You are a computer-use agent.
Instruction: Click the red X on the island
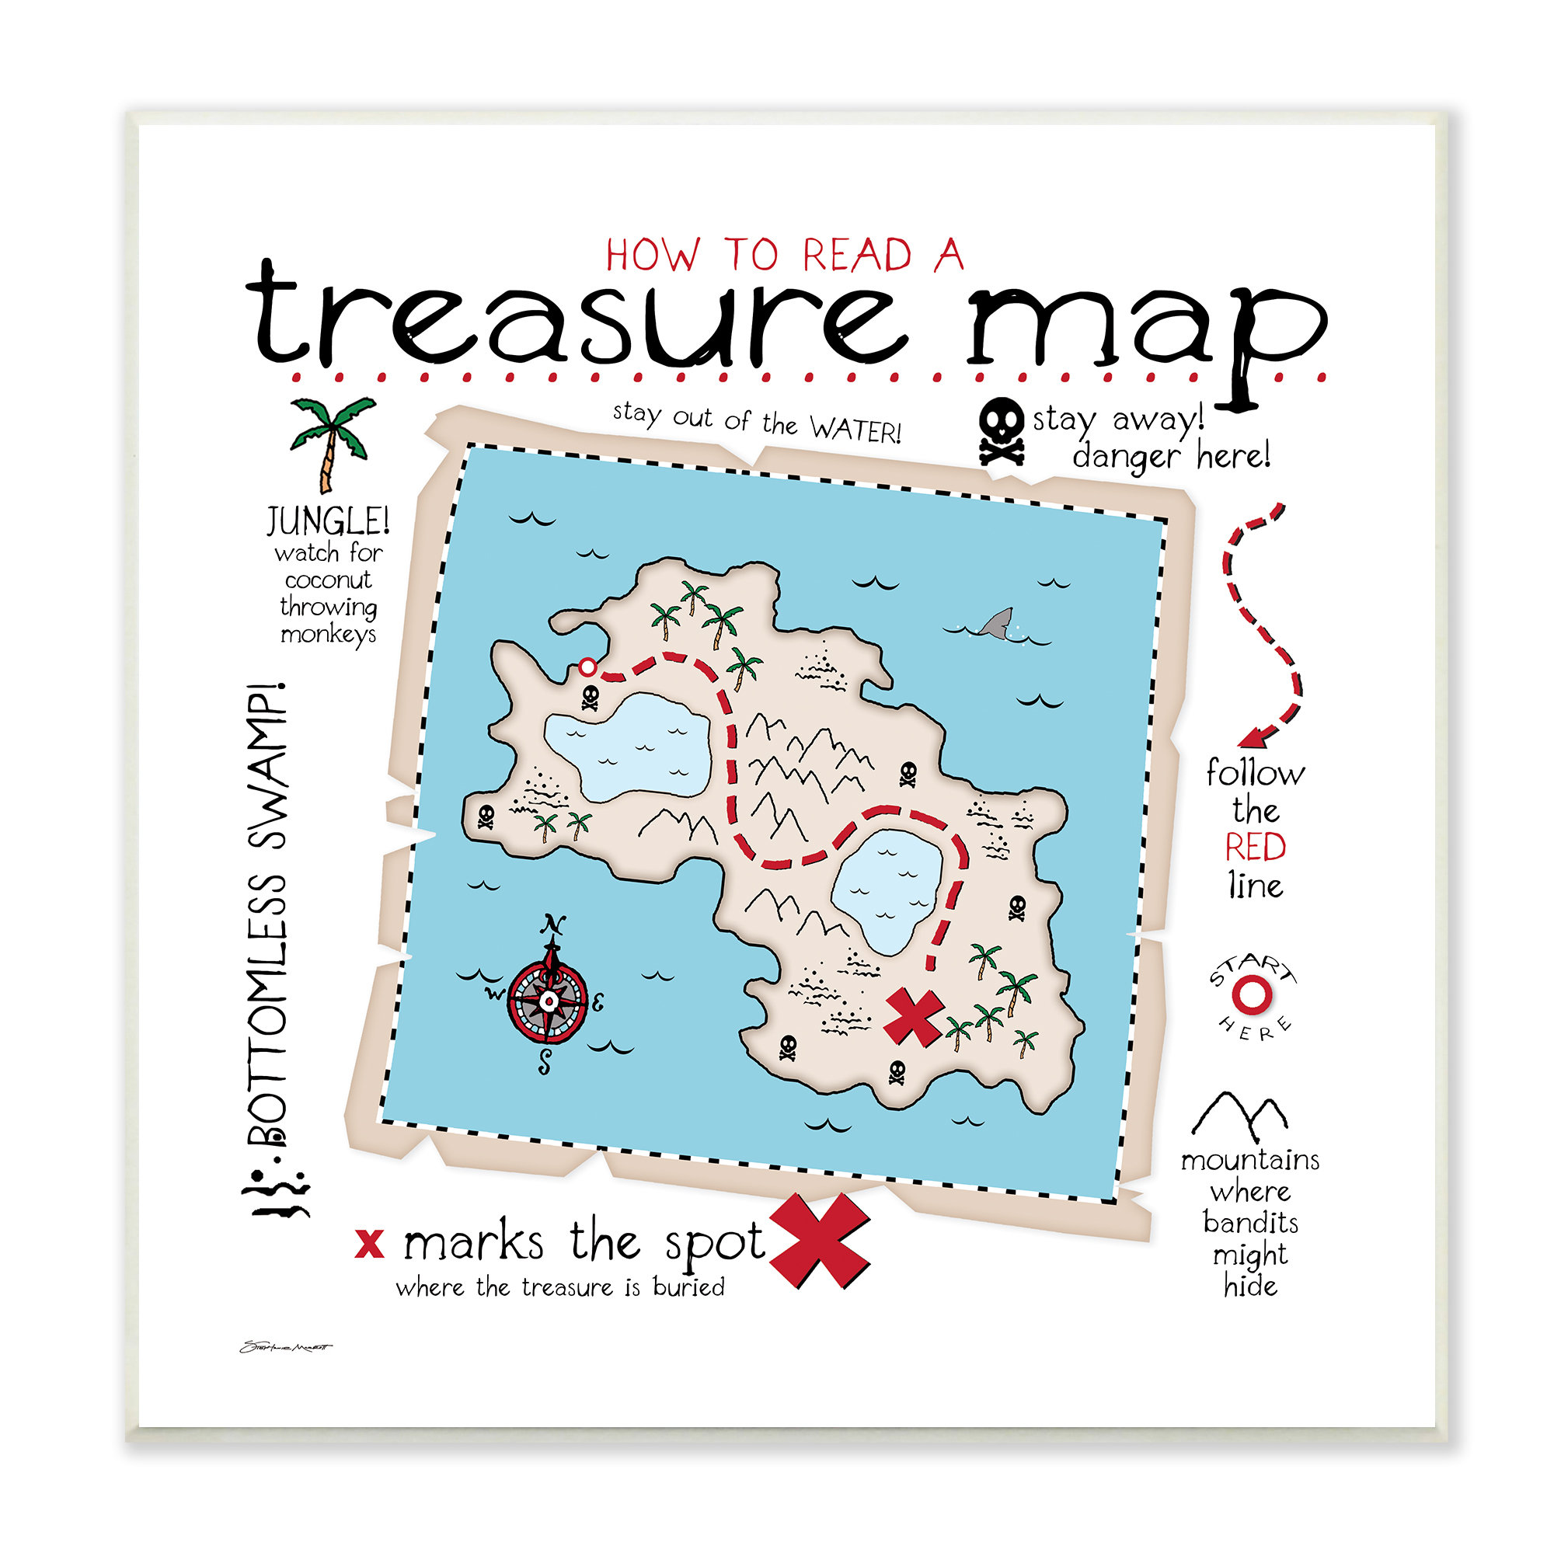914,1017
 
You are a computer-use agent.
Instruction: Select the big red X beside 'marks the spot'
819,1241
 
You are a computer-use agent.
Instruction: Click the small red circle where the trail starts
588,667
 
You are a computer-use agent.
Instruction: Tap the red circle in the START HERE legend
1252,995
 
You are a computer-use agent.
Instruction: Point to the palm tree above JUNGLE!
330,441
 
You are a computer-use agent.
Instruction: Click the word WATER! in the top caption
855,430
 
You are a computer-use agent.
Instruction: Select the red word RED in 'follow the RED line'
1255,848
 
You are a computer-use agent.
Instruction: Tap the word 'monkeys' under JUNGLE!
328,635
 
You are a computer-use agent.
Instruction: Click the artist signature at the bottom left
285,1347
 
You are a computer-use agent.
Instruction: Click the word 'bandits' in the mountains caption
1250,1223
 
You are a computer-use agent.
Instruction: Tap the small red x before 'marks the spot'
369,1244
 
